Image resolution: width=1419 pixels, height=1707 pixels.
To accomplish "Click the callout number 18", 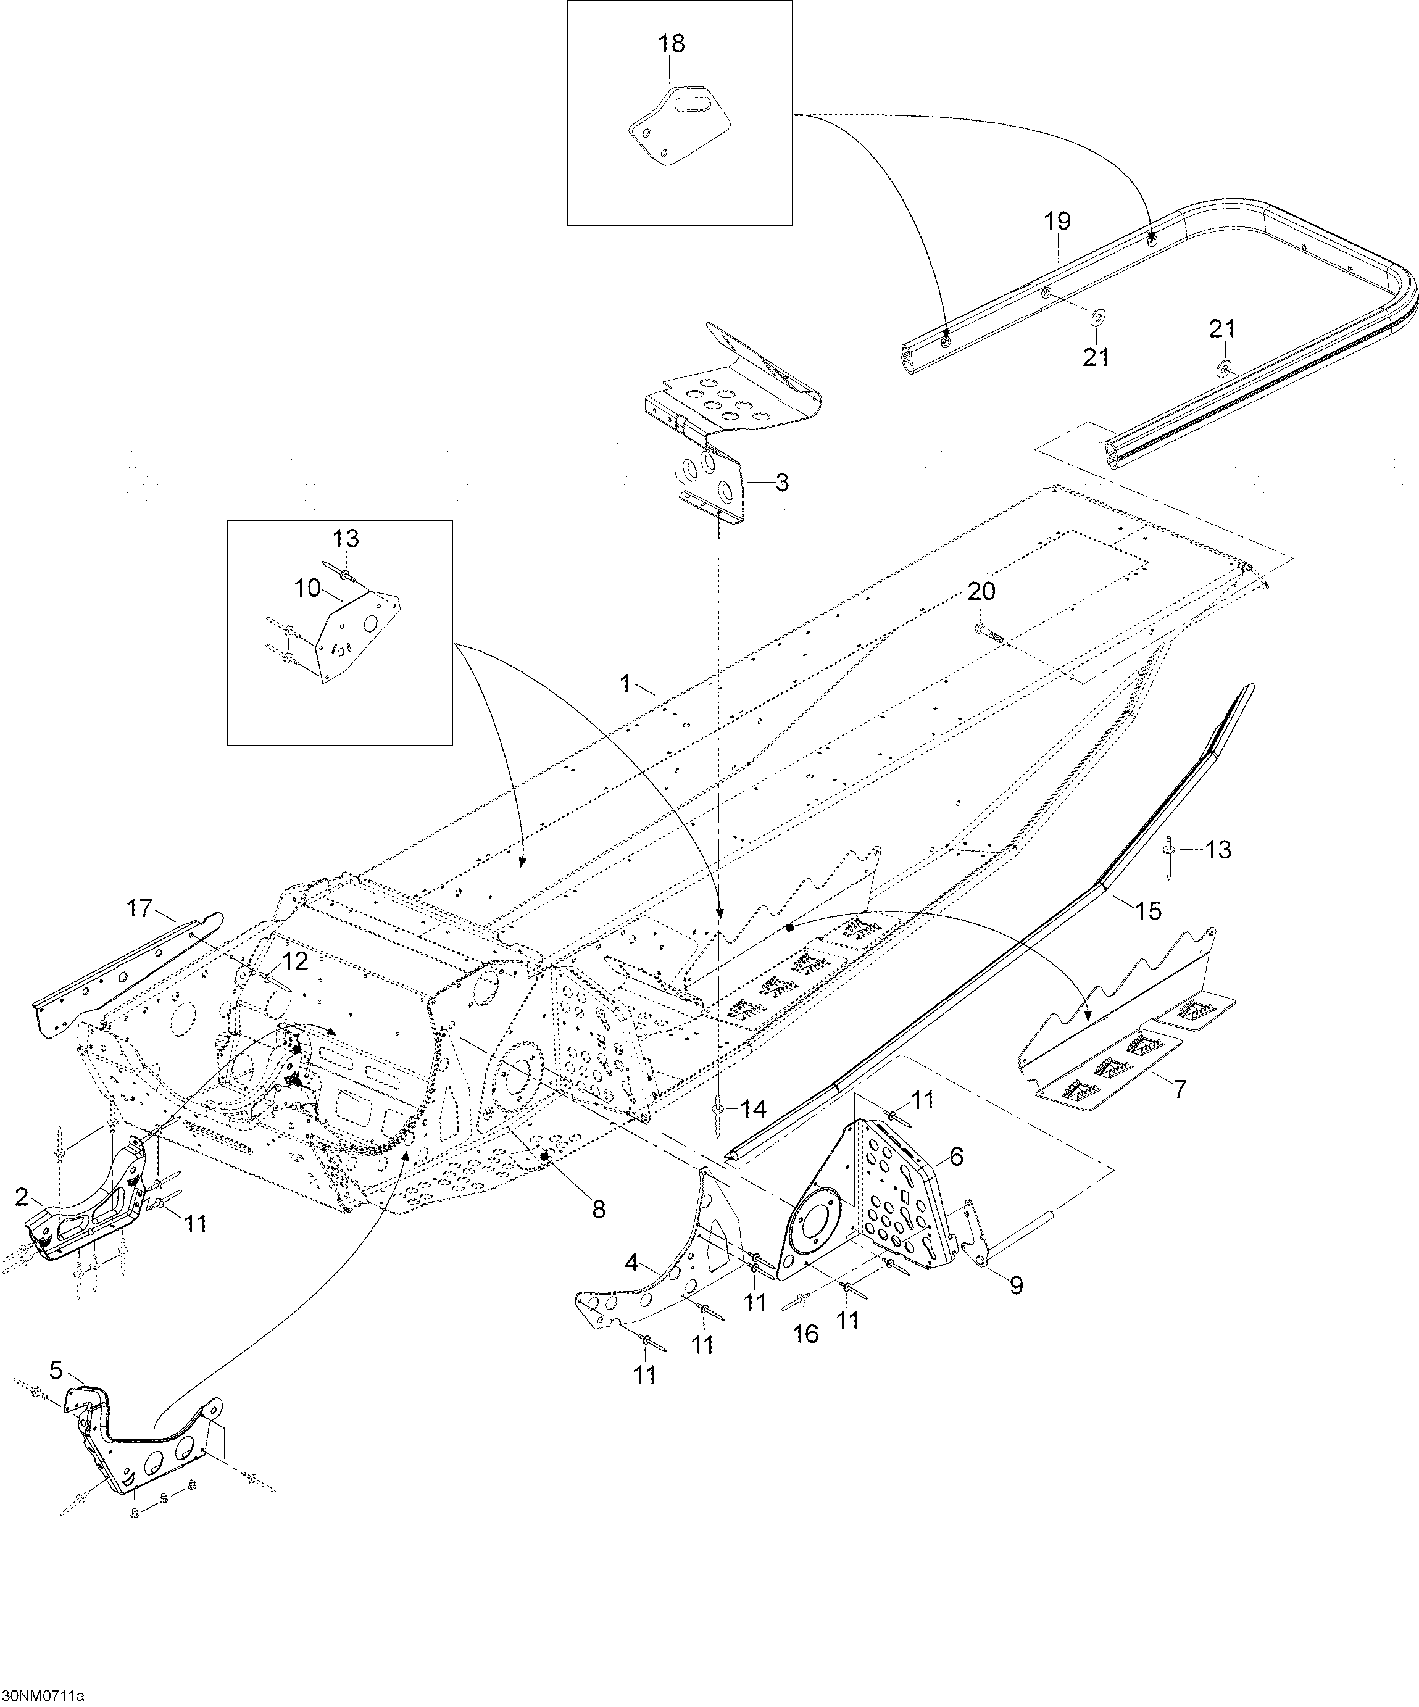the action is coord(672,44).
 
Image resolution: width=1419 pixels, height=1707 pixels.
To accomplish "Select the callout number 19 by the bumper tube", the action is coord(1057,221).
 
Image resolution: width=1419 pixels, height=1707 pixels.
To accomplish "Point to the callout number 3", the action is coord(781,483).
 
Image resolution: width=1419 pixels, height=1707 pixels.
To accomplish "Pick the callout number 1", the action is coord(625,684).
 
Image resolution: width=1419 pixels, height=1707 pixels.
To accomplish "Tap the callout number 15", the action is coord(1149,912).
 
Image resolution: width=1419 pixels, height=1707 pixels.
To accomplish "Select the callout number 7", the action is coord(1181,1089).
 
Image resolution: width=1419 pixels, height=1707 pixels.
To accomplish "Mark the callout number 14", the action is coord(754,1109).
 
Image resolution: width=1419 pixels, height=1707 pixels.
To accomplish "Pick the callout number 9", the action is coord(1016,1285).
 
